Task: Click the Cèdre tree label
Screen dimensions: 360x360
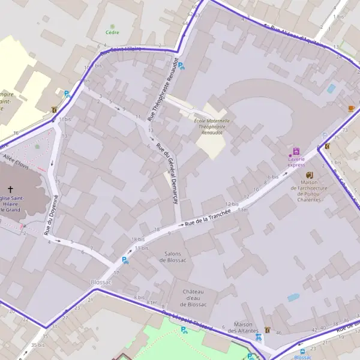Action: (x=112, y=32)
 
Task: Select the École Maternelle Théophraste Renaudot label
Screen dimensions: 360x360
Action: (x=212, y=125)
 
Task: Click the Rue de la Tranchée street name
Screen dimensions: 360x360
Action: (x=208, y=217)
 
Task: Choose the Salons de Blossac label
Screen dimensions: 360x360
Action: (x=175, y=257)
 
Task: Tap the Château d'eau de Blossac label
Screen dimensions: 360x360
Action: (x=193, y=298)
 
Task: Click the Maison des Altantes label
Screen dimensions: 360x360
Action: (x=247, y=327)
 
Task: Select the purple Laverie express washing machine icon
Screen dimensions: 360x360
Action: (x=296, y=151)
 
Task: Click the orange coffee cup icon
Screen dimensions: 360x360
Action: (x=351, y=108)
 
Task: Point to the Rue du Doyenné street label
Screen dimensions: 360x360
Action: (x=52, y=214)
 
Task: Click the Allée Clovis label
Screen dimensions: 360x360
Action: (x=16, y=159)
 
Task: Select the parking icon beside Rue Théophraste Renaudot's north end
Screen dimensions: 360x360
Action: (x=181, y=66)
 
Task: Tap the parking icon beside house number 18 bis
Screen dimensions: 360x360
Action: (x=125, y=260)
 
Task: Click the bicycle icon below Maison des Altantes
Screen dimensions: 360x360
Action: (x=259, y=337)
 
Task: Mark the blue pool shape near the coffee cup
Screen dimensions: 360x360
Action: (x=331, y=88)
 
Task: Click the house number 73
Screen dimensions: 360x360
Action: (x=344, y=130)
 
